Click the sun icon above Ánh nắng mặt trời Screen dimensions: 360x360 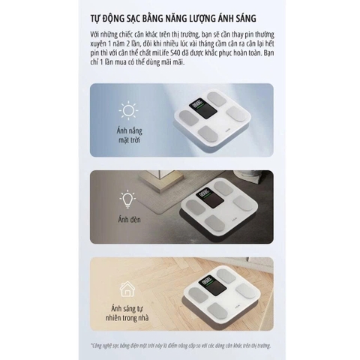(128, 111)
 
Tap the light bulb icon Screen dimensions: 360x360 (128, 198)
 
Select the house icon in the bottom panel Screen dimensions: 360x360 (128, 289)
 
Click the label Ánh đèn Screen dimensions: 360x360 (128, 219)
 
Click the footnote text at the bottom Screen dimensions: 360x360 (179, 345)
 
